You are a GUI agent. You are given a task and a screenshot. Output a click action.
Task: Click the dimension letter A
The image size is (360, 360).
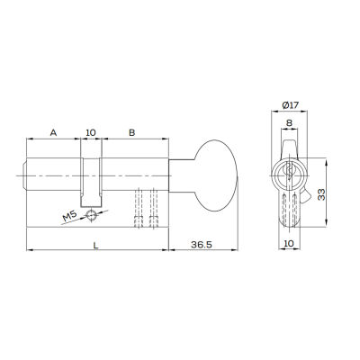[x=53, y=132]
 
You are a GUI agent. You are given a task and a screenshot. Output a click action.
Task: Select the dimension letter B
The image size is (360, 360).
[x=132, y=132]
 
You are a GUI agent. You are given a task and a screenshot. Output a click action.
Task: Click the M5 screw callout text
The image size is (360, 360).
[x=70, y=217]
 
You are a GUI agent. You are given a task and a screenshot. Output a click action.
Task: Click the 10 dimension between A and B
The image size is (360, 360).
[x=90, y=132]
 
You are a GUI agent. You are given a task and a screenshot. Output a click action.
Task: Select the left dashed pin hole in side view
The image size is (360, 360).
[x=139, y=209]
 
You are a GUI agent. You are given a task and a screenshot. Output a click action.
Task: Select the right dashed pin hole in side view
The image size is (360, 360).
[x=155, y=209]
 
